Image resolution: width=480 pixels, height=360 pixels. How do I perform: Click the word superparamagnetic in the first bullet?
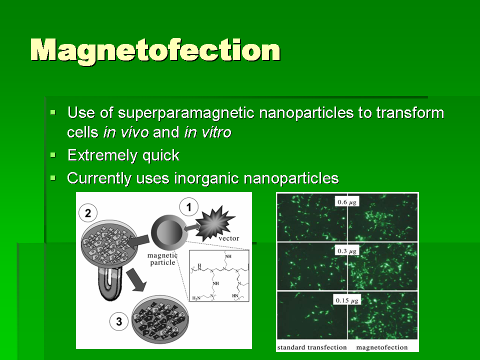(x=186, y=112)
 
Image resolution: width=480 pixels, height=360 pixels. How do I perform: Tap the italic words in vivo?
(x=126, y=132)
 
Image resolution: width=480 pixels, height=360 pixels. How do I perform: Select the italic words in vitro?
(x=208, y=132)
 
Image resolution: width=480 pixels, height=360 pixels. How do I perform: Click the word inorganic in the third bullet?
(x=206, y=178)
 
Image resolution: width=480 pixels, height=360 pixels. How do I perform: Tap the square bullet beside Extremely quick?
(x=53, y=155)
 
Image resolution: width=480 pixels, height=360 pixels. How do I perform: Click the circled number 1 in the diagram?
(x=188, y=207)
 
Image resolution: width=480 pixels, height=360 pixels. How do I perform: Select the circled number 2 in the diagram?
(x=88, y=213)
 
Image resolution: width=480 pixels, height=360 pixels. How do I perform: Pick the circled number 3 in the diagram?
(x=119, y=321)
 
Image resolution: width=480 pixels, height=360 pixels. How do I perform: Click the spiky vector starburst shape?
(x=215, y=223)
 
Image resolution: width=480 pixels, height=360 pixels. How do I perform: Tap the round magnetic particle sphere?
(x=168, y=232)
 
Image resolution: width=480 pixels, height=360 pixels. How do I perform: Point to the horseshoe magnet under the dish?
(x=110, y=283)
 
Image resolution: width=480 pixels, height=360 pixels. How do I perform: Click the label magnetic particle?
(x=162, y=259)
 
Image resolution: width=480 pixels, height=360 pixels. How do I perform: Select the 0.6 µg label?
(x=347, y=202)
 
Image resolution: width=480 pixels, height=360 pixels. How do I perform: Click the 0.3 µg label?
(x=347, y=251)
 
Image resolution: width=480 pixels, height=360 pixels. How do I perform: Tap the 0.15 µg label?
(x=347, y=300)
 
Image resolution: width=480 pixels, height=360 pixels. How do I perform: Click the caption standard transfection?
(x=311, y=347)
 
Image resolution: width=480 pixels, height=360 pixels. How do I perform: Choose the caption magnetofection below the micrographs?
(x=381, y=347)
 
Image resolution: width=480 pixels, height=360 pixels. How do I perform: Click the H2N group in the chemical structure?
(x=196, y=298)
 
